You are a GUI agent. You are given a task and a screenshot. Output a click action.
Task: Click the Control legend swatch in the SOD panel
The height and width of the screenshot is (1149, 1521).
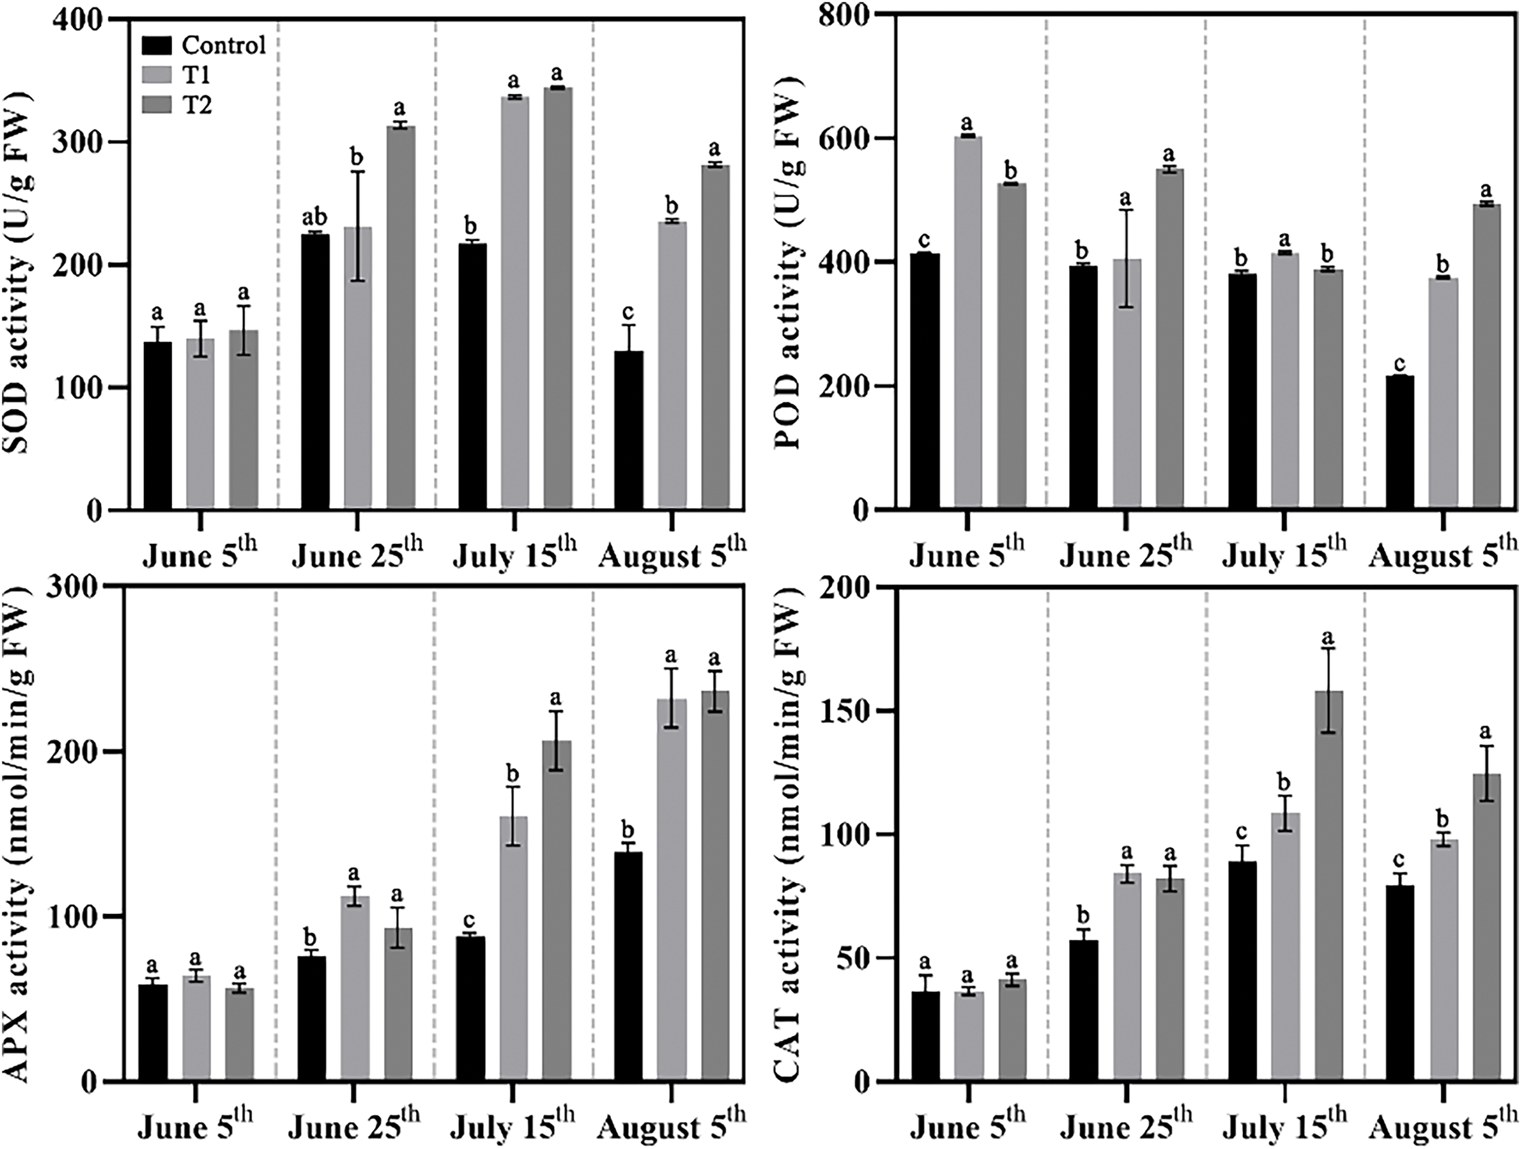tap(158, 46)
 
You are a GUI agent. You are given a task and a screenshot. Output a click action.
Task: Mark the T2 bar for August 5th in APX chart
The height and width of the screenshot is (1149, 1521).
tap(716, 887)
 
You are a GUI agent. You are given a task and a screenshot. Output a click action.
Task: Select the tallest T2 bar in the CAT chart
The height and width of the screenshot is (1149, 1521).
tap(1328, 888)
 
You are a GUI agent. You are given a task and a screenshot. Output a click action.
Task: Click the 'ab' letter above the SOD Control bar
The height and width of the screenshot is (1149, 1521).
tap(316, 218)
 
